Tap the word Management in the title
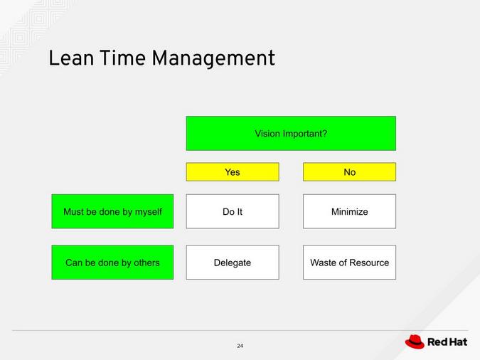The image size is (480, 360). pos(213,60)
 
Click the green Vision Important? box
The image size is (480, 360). pos(291,134)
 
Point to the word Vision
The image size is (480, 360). pos(267,134)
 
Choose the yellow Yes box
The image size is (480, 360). pos(233,172)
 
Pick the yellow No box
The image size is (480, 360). pos(349,172)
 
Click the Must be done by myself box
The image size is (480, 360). pos(112,211)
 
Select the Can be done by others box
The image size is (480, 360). pos(112,263)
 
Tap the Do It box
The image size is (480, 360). pos(233,211)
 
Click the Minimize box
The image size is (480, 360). pos(349,211)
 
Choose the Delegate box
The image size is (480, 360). pos(233,263)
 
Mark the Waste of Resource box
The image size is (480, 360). pos(349,263)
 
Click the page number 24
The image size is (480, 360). pos(240,346)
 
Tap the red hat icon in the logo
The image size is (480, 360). pos(415,342)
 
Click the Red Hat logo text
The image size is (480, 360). pos(447,342)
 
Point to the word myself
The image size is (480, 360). pos(146,212)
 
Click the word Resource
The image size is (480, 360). pos(369,263)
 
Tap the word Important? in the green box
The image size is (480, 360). pos(305,134)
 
